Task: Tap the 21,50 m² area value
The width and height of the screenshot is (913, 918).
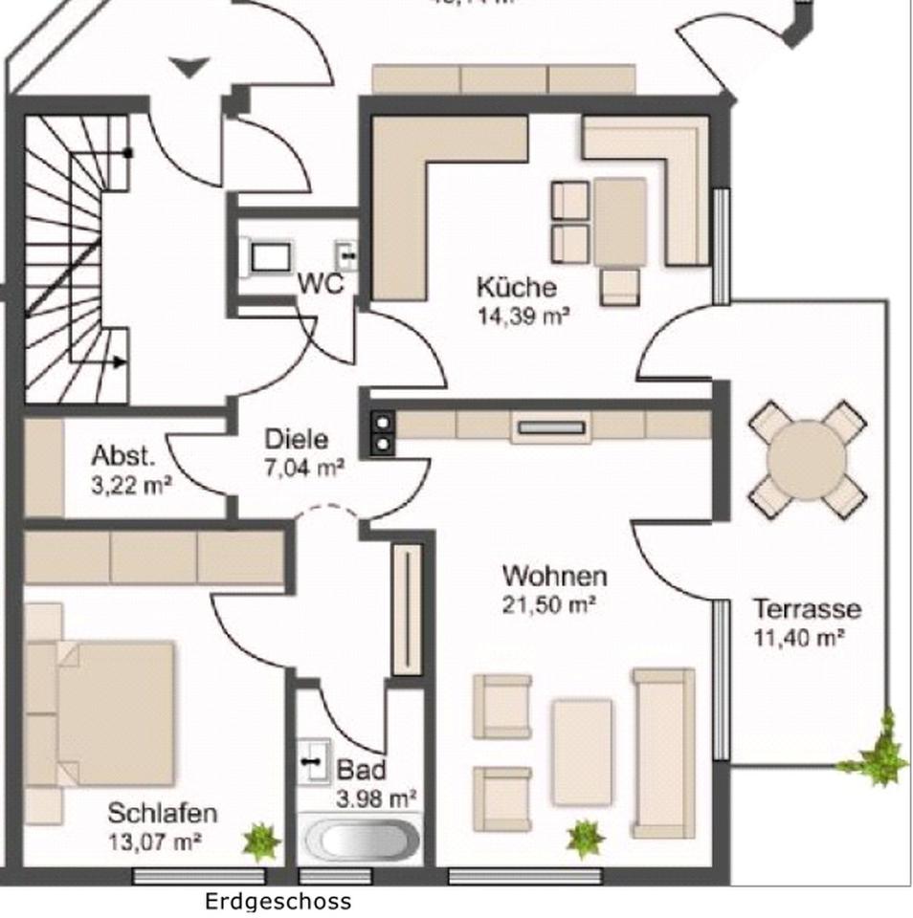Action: [549, 604]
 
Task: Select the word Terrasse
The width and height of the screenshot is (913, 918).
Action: [806, 609]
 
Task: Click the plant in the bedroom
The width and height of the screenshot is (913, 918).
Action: [260, 841]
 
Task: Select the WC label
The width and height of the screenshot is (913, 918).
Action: [320, 285]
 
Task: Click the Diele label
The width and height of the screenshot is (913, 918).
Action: [297, 440]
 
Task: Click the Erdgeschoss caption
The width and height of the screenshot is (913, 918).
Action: [278, 901]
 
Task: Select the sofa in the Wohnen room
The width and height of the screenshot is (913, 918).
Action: [662, 752]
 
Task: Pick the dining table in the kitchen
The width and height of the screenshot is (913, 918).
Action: [619, 223]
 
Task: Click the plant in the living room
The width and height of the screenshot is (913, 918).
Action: [585, 840]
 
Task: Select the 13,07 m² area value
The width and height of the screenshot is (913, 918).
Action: [155, 842]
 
